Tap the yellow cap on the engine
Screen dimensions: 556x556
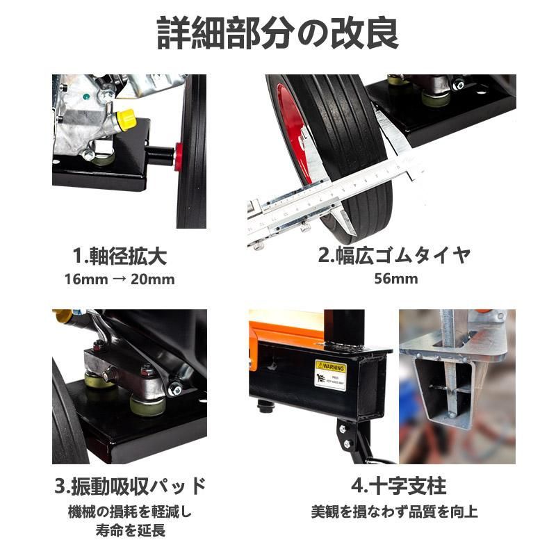click(x=126, y=119)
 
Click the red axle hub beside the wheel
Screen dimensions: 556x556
click(x=179, y=156)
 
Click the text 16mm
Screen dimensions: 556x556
click(x=84, y=279)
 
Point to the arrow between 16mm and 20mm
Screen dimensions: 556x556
click(x=120, y=279)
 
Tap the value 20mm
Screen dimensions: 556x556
click(x=154, y=279)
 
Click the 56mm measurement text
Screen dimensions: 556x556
click(x=395, y=279)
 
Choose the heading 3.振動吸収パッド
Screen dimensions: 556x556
click(x=130, y=485)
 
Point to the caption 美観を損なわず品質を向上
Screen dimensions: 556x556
click(x=394, y=512)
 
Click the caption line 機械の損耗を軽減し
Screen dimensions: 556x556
click(x=130, y=512)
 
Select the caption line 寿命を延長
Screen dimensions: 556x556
click(x=130, y=532)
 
